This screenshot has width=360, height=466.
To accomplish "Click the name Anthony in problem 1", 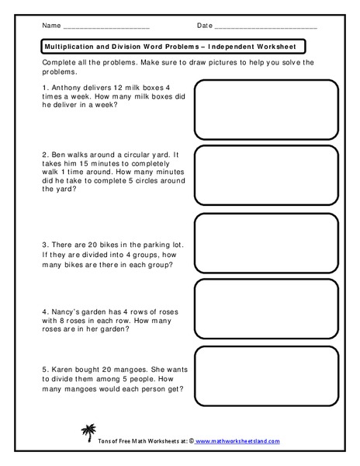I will tap(64, 87).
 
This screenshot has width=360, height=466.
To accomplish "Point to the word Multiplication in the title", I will tap(69, 46).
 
